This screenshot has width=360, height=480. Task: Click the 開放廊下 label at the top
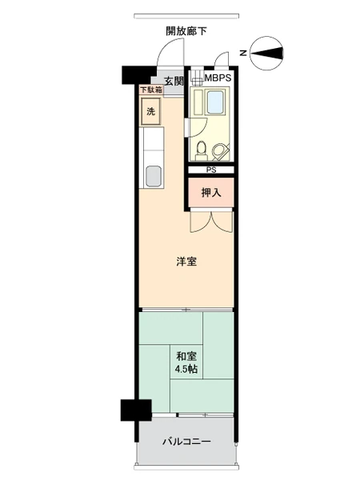(186, 31)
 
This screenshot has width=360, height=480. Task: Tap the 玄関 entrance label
(174, 81)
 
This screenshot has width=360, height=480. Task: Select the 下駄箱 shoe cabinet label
(151, 90)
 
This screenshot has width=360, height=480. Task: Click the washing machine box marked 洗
(150, 111)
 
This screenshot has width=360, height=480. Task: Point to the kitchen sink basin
(154, 176)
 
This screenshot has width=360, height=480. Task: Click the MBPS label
(218, 78)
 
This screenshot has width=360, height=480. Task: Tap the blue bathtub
(215, 102)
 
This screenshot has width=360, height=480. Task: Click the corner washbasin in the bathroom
(220, 151)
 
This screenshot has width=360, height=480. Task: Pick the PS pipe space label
(211, 170)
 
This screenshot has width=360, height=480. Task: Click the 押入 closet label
(211, 193)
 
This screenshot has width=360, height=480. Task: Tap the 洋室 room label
(186, 262)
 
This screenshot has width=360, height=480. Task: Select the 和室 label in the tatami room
(186, 356)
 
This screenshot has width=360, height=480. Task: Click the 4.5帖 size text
(186, 369)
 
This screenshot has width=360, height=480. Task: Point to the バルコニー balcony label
(186, 442)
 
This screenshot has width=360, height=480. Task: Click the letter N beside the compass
(243, 53)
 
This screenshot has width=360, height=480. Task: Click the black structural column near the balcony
(136, 410)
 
